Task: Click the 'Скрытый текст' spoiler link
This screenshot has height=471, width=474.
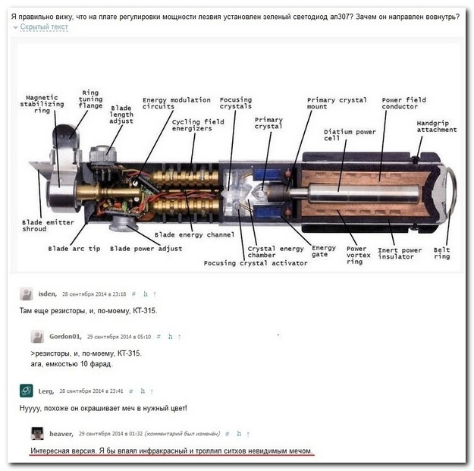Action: pos(43,27)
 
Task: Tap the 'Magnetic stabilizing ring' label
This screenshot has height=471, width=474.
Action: pos(41,103)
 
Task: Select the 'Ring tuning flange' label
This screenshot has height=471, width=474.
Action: pos(90,98)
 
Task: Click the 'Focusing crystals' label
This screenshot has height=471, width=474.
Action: pos(236,103)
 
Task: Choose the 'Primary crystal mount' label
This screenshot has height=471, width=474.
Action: pos(337,103)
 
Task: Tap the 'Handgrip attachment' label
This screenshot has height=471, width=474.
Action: pos(437,126)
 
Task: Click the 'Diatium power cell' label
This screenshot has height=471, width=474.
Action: pos(350,136)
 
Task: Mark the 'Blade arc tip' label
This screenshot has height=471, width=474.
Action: pos(74,248)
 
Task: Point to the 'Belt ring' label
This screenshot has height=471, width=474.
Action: pos(441,253)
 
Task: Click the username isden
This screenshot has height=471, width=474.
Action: pos(49,293)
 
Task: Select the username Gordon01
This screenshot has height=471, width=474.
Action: pos(66,336)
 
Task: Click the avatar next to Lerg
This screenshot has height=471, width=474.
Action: pos(27,391)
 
